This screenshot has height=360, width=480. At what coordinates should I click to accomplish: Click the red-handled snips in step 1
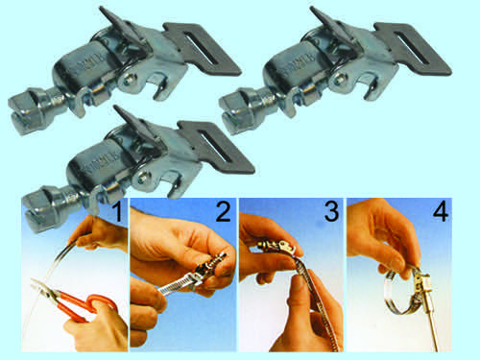click(x=74, y=300)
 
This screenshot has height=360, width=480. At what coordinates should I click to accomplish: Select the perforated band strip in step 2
click(x=178, y=284)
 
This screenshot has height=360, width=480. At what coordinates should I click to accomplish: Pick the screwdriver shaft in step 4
click(x=433, y=320)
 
